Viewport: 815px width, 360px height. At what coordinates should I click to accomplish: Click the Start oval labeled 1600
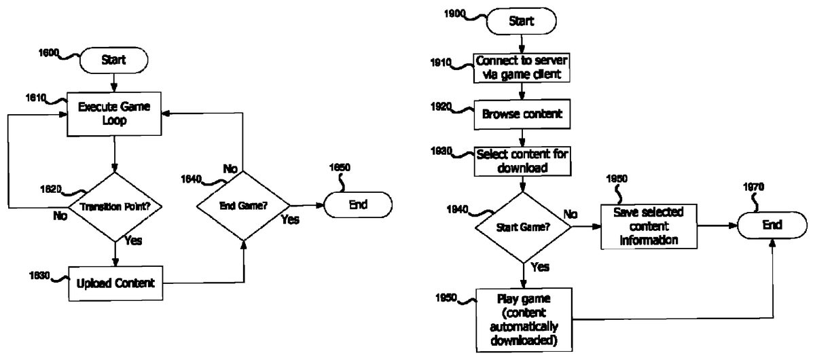[x=113, y=60]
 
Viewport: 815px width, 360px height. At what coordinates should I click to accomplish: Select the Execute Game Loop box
[x=114, y=113]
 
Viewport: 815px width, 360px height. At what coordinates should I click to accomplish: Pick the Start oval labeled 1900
[x=520, y=20]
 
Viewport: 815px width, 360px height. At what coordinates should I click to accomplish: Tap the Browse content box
[x=520, y=114]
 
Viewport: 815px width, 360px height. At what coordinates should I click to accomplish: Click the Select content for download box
[x=521, y=161]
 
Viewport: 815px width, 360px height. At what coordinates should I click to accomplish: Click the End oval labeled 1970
[x=772, y=225]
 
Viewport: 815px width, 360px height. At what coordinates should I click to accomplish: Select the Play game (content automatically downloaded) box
[x=524, y=317]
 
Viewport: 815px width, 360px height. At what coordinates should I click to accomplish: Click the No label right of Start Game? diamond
[x=571, y=215]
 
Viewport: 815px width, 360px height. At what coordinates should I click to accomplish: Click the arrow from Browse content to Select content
[x=521, y=137]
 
